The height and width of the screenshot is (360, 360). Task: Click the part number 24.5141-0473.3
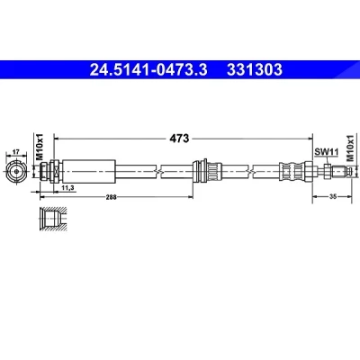pos(148,70)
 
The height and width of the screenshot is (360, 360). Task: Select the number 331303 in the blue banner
pos(255,70)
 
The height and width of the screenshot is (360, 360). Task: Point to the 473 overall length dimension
pos(179,139)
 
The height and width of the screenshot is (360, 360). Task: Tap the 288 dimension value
pos(112,197)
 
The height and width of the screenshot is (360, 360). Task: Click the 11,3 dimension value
pos(68,188)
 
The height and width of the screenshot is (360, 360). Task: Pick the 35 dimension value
pos(332,196)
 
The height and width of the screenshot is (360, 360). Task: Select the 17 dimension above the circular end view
pos(16,152)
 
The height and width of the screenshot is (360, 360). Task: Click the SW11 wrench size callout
pos(326,152)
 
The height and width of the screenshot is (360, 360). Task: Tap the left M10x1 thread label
pos(40,147)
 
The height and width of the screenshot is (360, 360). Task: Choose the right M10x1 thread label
pos(350,148)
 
